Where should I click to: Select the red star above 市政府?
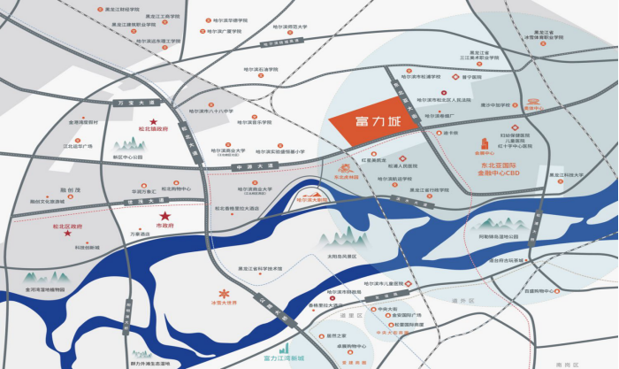pos(164,216)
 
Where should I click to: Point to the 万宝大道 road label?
pos(129,105)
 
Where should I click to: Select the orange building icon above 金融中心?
pos(485,144)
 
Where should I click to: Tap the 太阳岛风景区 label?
pos(315,258)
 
